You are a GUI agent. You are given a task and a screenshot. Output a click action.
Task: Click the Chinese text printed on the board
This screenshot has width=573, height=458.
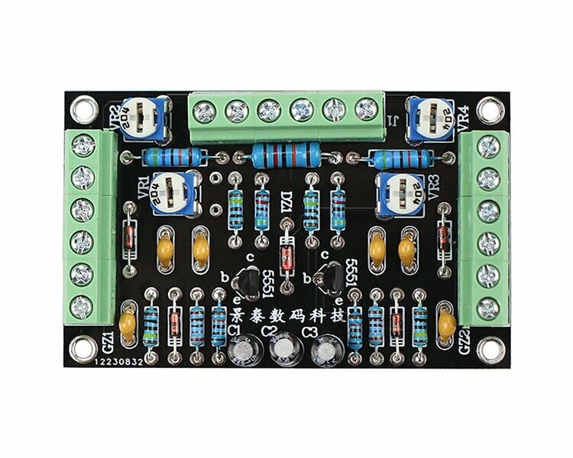tap(286, 314)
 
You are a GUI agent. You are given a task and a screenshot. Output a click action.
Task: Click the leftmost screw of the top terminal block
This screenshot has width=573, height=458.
tap(203, 112)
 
